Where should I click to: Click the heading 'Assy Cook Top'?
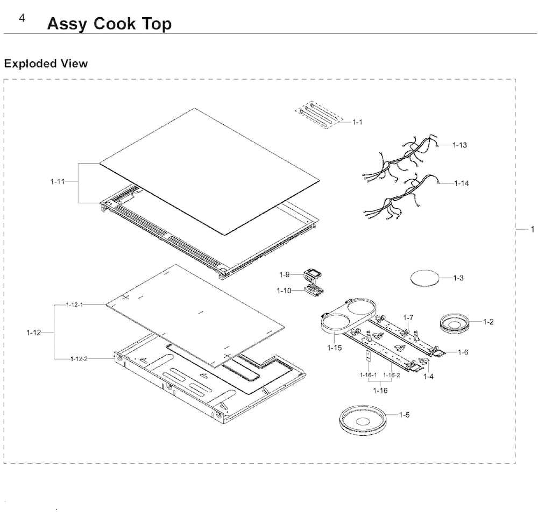pos(109,24)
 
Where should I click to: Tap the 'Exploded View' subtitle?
pos(46,63)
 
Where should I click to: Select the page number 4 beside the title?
pos(22,18)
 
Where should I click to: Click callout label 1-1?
pos(357,122)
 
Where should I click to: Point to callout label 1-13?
pos(459,145)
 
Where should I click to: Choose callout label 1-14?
pos(461,183)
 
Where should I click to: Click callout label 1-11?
pos(57,181)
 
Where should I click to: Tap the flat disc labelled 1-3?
pos(425,279)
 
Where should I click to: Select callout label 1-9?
pos(284,275)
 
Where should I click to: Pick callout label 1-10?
pos(284,291)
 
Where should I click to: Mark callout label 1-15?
pos(334,348)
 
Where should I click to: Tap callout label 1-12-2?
pos(79,359)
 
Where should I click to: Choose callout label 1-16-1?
pos(368,375)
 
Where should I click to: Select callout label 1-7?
pos(408,317)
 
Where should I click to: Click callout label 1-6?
pos(463,352)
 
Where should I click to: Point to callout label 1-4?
pos(428,377)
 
